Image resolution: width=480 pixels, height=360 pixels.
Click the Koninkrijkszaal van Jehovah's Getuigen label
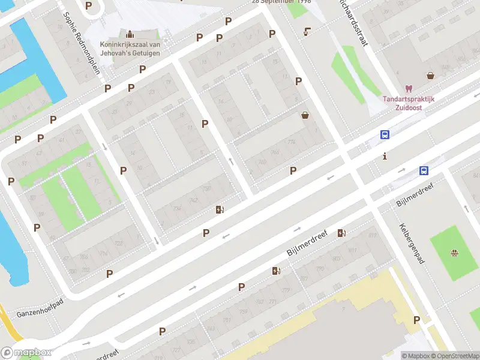(130, 48)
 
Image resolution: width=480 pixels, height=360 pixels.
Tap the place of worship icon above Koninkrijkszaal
(130, 33)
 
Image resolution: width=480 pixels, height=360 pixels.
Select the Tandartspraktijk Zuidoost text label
(409, 103)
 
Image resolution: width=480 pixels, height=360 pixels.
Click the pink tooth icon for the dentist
(409, 89)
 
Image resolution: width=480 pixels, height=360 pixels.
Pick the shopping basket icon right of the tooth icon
(431, 76)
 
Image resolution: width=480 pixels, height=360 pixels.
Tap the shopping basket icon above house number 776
(305, 115)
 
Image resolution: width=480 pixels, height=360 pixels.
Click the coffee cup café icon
(308, 31)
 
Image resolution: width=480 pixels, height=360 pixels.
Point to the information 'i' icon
(384, 156)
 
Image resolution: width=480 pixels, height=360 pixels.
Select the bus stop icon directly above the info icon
(385, 135)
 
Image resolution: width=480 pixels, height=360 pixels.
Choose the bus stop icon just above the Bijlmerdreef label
(424, 170)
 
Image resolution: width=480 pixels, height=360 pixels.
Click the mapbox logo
(27, 352)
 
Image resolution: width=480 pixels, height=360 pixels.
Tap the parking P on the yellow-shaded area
(416, 320)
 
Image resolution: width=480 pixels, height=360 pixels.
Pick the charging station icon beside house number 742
(220, 210)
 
